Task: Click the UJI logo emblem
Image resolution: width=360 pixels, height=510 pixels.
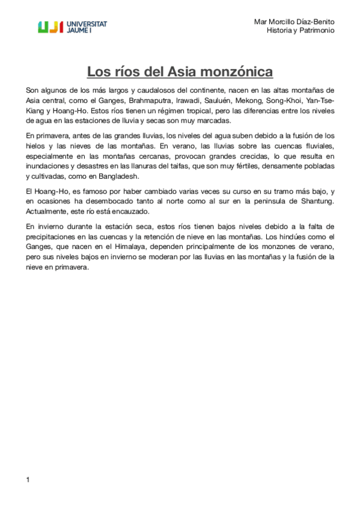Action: pyautogui.click(x=50, y=26)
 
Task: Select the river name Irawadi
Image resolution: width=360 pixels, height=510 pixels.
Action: pyautogui.click(x=189, y=100)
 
